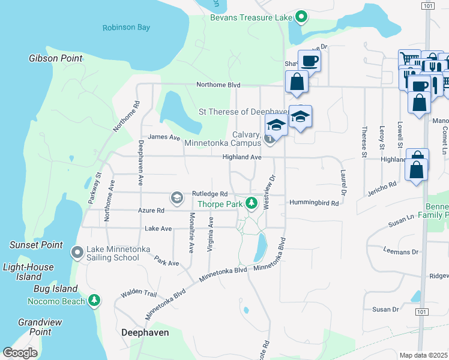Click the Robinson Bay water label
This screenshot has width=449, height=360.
(x=127, y=28)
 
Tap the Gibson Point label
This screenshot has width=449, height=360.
(x=55, y=58)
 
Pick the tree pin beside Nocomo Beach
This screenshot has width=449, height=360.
(x=94, y=300)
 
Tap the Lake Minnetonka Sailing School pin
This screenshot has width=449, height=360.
(x=77, y=253)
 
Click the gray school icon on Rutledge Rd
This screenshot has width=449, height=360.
(x=176, y=197)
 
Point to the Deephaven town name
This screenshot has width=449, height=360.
(x=145, y=332)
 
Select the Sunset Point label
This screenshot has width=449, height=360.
(x=36, y=245)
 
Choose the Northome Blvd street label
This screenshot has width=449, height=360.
(x=218, y=85)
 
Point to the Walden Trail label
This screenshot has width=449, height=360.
(x=138, y=294)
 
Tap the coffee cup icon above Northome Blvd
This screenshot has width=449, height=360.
(x=309, y=61)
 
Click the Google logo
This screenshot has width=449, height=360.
(x=20, y=353)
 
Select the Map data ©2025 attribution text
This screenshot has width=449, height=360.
(x=424, y=355)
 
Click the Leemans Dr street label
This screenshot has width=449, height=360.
(x=399, y=251)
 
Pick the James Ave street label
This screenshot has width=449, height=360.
(x=164, y=137)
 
